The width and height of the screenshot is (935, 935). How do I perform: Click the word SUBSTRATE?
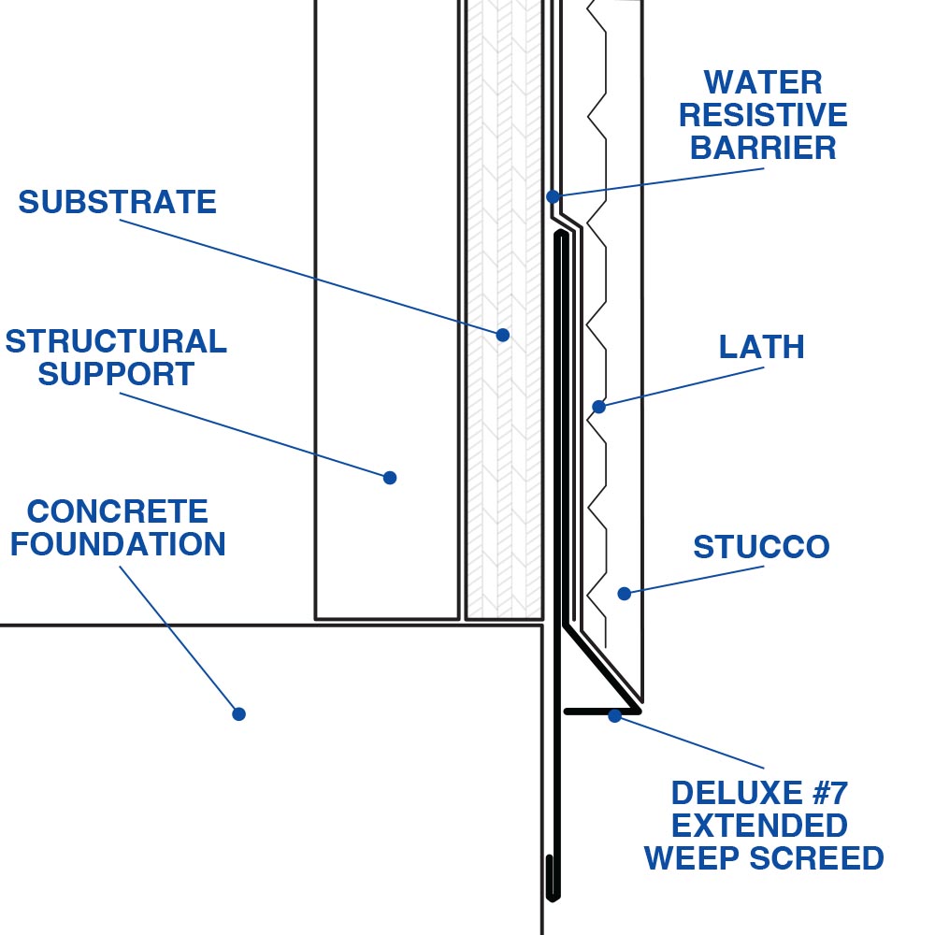tap(117, 202)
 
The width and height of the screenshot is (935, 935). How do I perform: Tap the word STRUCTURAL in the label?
tap(116, 341)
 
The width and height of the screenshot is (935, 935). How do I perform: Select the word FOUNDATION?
tap(118, 544)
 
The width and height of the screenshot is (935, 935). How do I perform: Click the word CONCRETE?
tap(118, 511)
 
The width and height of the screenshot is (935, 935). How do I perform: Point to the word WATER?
tap(763, 82)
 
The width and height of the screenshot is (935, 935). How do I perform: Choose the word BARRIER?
tap(763, 148)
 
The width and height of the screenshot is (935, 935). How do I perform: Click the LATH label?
tap(761, 347)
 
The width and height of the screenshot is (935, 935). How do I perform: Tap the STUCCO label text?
tap(761, 547)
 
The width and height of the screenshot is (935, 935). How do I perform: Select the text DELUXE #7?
tap(759, 794)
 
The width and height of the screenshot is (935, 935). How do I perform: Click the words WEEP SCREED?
tap(764, 858)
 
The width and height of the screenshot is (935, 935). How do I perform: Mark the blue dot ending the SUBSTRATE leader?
tap(503, 334)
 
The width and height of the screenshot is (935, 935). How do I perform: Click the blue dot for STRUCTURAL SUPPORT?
tap(390, 477)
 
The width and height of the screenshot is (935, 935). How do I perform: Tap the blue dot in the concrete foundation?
tap(238, 713)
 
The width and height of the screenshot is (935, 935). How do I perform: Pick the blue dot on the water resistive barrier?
tap(553, 196)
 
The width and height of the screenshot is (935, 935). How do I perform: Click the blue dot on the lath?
tap(598, 406)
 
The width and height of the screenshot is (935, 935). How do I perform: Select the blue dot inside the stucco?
tap(624, 593)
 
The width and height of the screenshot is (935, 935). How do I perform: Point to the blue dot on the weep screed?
tap(614, 716)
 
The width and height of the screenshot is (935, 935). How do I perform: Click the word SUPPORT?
tap(116, 374)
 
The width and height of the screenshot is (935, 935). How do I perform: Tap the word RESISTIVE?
tap(763, 115)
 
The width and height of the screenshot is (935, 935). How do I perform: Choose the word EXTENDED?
tap(760, 826)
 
